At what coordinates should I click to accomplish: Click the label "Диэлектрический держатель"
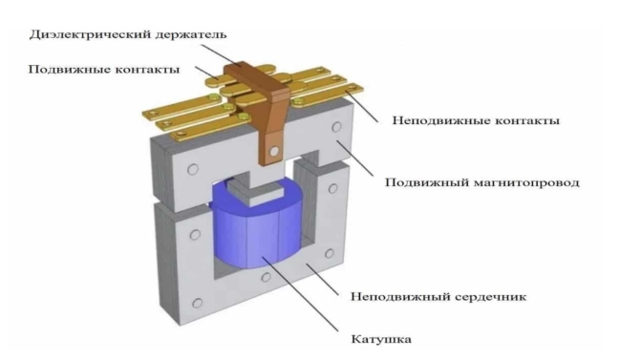(128, 35)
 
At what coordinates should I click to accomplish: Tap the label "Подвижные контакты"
(104, 70)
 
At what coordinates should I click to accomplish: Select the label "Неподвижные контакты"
(476, 120)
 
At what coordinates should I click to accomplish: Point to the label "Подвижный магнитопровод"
(482, 183)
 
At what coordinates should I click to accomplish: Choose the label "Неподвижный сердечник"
(438, 296)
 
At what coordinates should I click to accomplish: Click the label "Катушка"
(381, 339)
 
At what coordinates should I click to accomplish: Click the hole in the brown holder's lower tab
(273, 151)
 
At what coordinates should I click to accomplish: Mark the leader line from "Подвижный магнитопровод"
(355, 159)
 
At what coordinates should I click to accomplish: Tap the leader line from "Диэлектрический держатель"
(220, 55)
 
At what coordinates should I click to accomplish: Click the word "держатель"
(191, 35)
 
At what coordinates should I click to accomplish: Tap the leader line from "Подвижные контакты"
(206, 73)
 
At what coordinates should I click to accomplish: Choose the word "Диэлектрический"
(90, 35)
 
